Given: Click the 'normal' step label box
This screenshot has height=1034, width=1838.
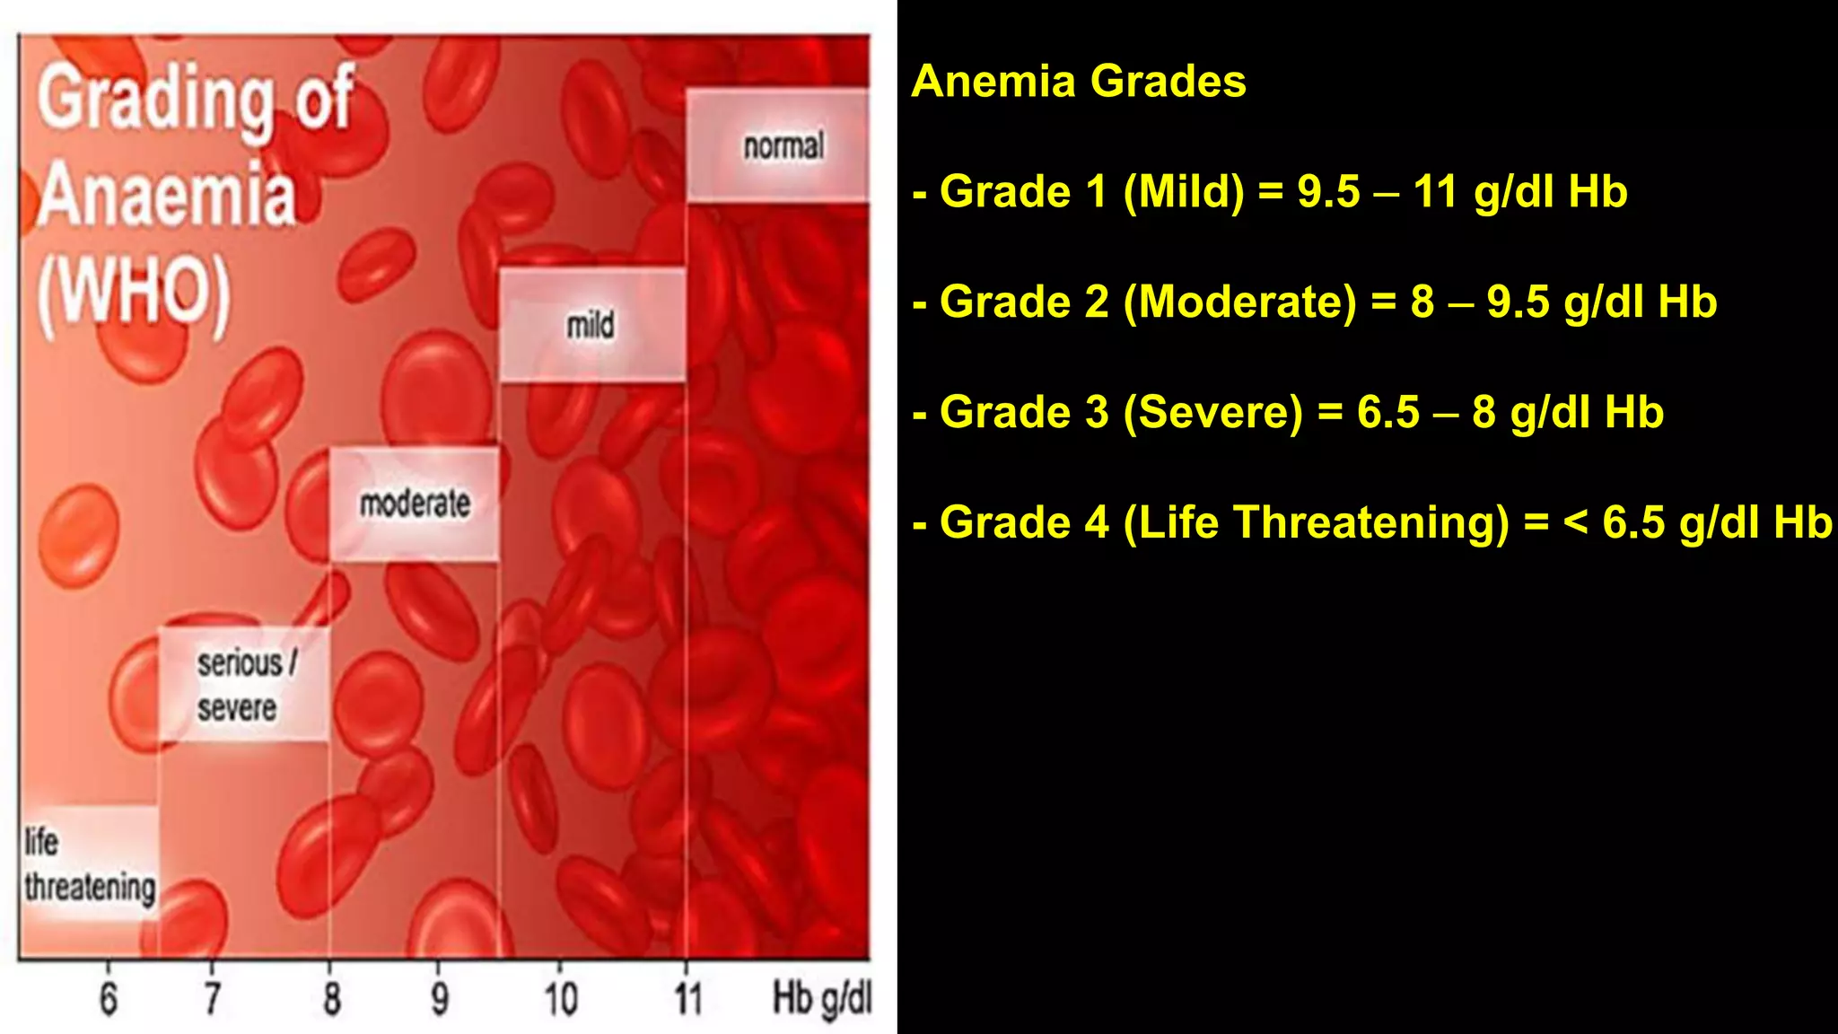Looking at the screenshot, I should [777, 145].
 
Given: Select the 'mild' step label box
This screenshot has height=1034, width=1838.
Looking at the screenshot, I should [592, 325].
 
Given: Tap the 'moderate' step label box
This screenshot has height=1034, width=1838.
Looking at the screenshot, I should [415, 504].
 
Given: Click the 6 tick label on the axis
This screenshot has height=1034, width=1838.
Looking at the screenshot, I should [109, 999].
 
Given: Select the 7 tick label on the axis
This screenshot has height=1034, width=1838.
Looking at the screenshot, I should [213, 999].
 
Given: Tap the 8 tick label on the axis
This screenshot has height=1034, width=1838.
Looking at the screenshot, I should [332, 999].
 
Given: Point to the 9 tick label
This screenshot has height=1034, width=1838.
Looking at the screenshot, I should [440, 999].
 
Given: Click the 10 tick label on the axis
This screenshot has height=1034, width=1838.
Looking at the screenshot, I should [561, 999].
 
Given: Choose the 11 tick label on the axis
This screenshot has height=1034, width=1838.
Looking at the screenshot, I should [688, 999].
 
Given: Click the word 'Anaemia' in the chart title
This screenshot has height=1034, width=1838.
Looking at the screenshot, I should [168, 196].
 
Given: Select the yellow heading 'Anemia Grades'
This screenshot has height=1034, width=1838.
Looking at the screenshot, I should [1079, 82].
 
